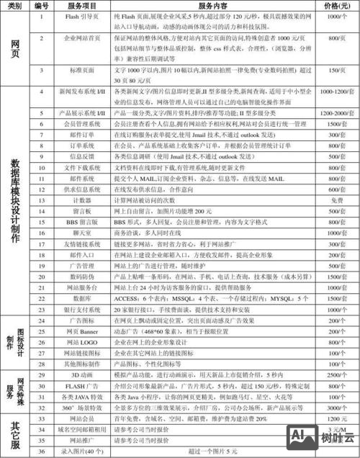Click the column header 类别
[x=14, y=6]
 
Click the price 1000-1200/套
[x=335, y=93]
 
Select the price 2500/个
[x=335, y=374]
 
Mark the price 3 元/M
[x=335, y=428]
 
